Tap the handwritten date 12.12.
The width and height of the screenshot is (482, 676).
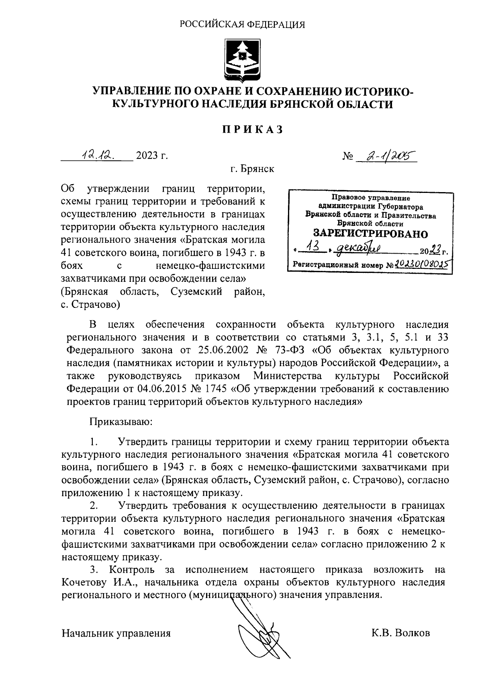pyautogui.click(x=97, y=155)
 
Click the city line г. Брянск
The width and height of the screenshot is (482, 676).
pyautogui.click(x=252, y=169)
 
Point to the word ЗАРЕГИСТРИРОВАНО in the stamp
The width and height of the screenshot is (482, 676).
pyautogui.click(x=370, y=234)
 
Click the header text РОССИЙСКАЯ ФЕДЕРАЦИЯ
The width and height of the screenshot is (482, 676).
pyautogui.click(x=242, y=25)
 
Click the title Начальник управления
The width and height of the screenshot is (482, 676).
pyautogui.click(x=116, y=633)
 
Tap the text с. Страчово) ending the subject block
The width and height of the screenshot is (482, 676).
pyautogui.click(x=90, y=305)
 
